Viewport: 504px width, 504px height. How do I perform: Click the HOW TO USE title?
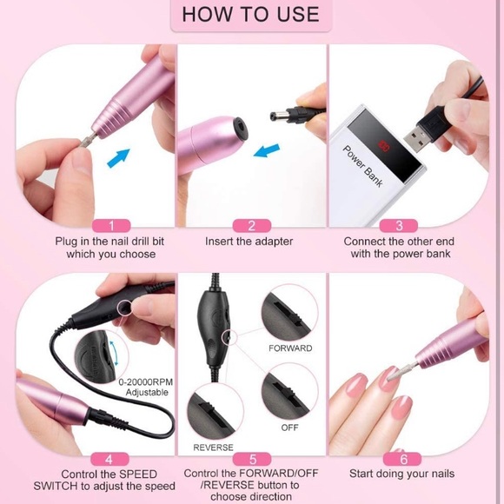pyautogui.click(x=251, y=15)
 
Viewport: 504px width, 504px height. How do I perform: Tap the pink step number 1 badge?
pyautogui.click(x=111, y=226)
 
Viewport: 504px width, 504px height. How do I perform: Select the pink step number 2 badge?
pyautogui.click(x=252, y=226)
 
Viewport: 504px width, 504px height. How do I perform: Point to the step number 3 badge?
pyautogui.click(x=399, y=226)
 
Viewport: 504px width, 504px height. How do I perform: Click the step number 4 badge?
pyautogui.click(x=109, y=460)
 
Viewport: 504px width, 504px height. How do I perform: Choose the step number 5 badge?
pyautogui.click(x=252, y=460)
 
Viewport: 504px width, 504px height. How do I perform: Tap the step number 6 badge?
pyautogui.click(x=402, y=460)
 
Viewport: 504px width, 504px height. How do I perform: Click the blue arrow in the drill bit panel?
pyautogui.click(x=118, y=157)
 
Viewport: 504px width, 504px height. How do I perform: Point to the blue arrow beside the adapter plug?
pyautogui.click(x=267, y=150)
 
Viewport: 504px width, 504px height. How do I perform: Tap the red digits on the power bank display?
pyautogui.click(x=384, y=146)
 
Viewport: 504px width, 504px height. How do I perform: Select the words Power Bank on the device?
pyautogui.click(x=363, y=166)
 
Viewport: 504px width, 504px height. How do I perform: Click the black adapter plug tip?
pyautogui.click(x=275, y=115)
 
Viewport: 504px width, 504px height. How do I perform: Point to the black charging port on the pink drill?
pyautogui.click(x=240, y=129)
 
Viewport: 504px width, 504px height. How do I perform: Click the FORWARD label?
pyautogui.click(x=290, y=348)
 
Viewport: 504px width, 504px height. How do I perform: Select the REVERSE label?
pyautogui.click(x=213, y=448)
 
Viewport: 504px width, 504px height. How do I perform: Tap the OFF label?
pyautogui.click(x=289, y=428)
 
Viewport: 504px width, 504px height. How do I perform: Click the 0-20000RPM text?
pyautogui.click(x=146, y=381)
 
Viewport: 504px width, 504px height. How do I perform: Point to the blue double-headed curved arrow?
pyautogui.click(x=114, y=353)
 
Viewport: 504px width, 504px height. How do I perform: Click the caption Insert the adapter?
pyautogui.click(x=249, y=242)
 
